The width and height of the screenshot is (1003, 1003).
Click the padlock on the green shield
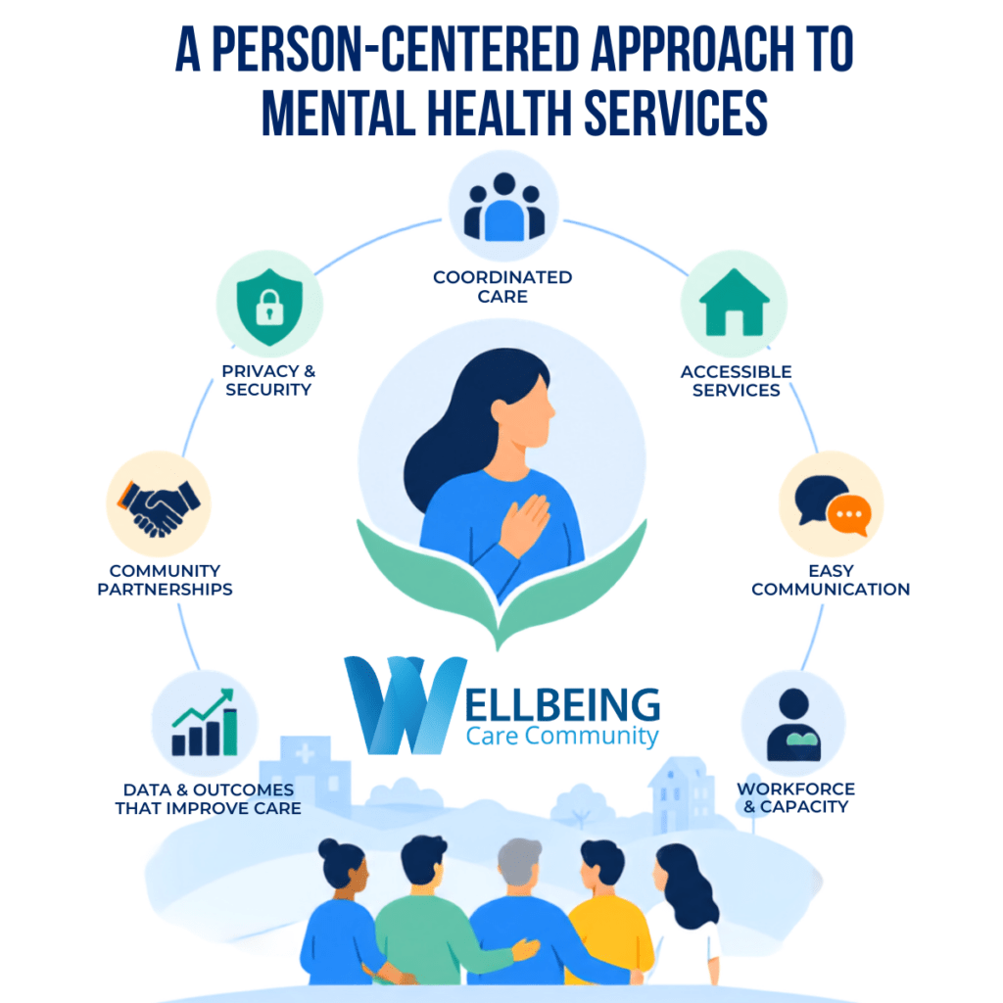(x=269, y=307)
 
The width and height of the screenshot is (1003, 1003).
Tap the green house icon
(x=734, y=303)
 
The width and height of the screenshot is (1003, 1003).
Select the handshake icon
(x=159, y=507)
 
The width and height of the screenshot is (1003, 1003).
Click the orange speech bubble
(x=849, y=515)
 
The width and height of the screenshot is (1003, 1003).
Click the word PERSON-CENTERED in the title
(x=395, y=49)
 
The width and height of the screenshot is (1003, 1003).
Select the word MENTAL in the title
(x=338, y=113)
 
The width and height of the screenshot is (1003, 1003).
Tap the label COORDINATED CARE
(x=502, y=287)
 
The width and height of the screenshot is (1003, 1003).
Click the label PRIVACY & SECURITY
(x=268, y=380)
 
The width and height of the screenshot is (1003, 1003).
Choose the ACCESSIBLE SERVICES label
(x=736, y=381)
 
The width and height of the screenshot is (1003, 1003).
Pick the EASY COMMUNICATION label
(x=831, y=580)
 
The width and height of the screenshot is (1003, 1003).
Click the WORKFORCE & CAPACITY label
(x=795, y=797)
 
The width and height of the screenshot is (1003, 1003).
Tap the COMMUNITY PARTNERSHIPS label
(x=165, y=580)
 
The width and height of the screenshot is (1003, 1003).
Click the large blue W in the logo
(x=405, y=704)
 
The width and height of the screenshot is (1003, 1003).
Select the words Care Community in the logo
(x=562, y=737)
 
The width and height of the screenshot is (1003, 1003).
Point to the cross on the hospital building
(x=305, y=753)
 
